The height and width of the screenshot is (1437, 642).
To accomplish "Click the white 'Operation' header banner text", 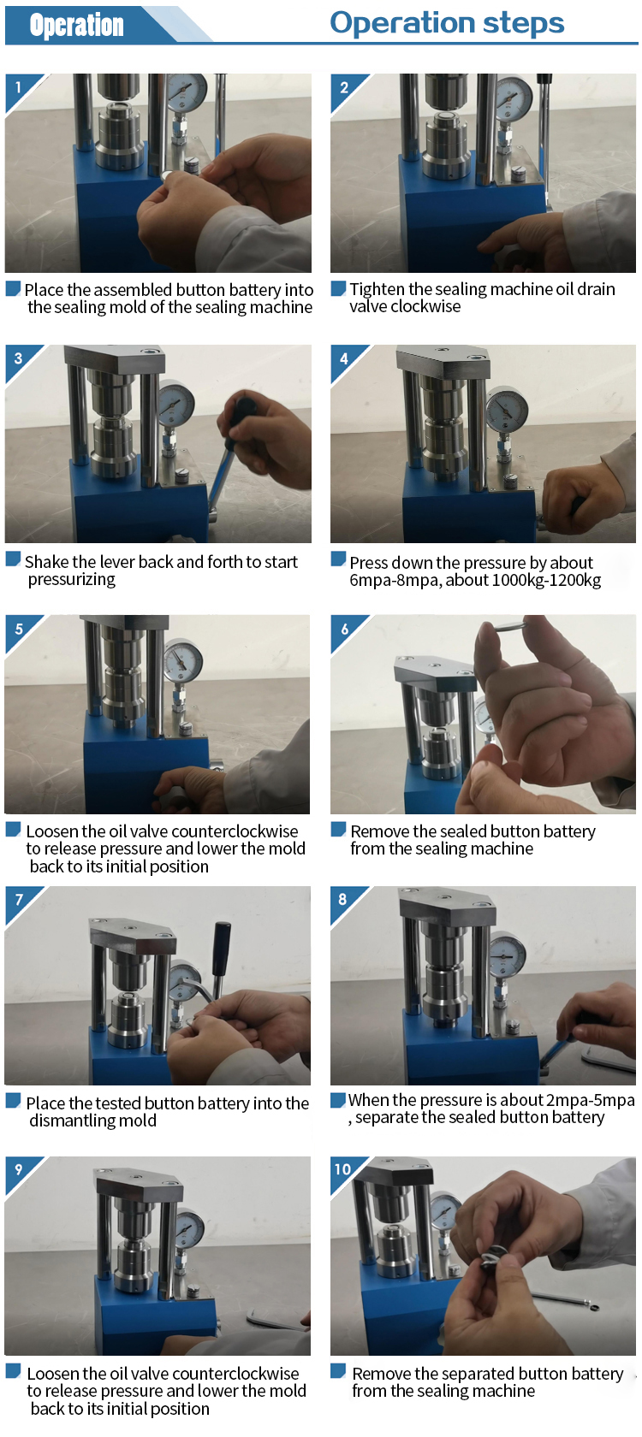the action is [76, 25].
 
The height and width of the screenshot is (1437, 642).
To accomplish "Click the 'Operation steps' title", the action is [447, 23].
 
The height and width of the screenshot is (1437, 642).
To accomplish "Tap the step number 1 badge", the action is [18, 86].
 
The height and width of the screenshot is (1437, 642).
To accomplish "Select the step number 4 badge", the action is [344, 358].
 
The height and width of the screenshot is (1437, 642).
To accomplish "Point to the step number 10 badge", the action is [343, 1168].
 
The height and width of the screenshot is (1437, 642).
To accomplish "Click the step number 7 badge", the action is [19, 900].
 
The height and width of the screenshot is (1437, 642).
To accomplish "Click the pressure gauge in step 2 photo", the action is [514, 98].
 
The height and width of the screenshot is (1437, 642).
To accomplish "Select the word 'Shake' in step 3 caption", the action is [47, 562].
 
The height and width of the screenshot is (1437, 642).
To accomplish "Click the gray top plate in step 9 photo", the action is [138, 1185].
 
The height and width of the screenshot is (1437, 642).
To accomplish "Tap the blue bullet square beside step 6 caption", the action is [338, 829].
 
